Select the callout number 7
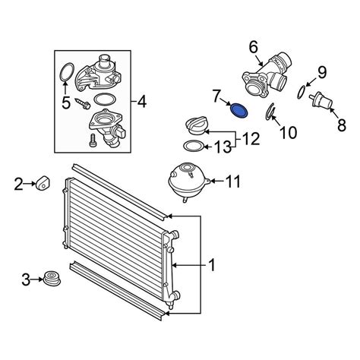216,96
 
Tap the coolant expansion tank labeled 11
188,181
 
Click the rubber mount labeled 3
52,279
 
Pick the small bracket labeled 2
43,182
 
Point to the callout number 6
254,48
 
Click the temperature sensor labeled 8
321,103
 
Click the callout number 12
251,139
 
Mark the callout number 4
141,103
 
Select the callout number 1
211,265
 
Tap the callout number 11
232,182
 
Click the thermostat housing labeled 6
266,76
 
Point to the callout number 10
288,132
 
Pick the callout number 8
342,125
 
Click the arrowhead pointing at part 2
33,184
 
